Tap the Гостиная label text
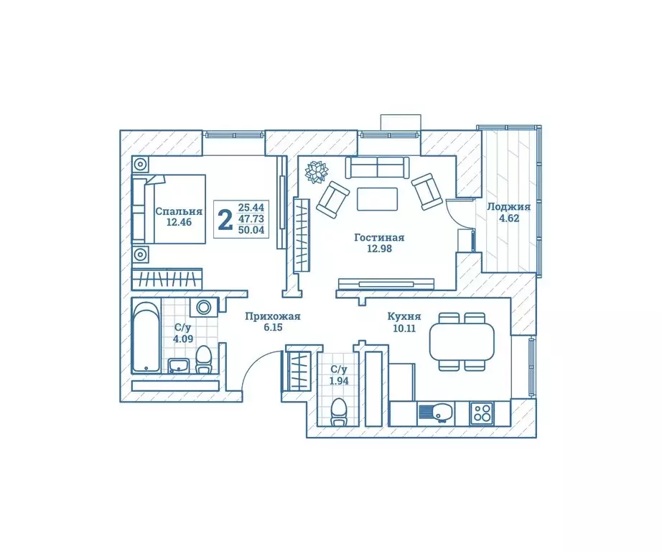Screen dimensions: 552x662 [x=379, y=237]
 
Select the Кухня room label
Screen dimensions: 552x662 [x=404, y=316]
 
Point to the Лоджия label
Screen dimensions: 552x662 [x=509, y=206]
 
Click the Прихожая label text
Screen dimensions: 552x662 [x=272, y=316]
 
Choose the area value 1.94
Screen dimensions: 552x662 [x=339, y=381]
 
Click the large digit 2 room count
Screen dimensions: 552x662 [x=225, y=219]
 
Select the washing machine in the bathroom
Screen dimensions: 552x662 [x=204, y=308]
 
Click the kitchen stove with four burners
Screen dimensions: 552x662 [x=480, y=413]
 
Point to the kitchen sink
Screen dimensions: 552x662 [x=435, y=413]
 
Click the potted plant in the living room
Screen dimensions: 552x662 [x=316, y=171]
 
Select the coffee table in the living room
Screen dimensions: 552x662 [x=377, y=198]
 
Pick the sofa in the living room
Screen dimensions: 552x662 [x=377, y=167]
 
